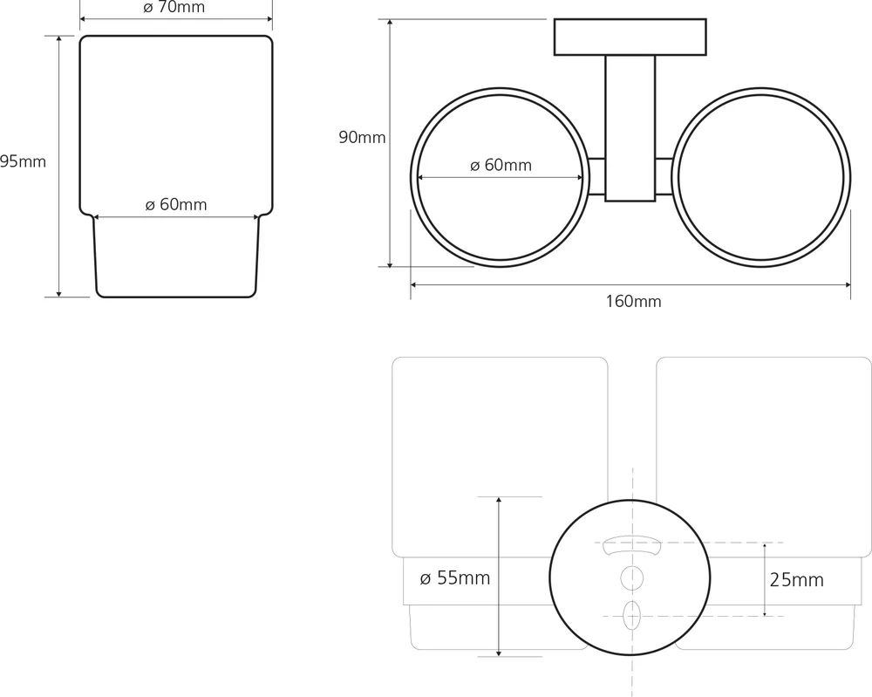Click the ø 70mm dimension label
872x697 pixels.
point(174,7)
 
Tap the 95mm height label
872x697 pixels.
point(23,162)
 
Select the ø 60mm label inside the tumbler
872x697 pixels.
point(176,205)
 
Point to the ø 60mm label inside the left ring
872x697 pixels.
point(501,165)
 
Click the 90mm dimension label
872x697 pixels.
point(362,138)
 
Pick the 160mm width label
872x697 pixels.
point(633,302)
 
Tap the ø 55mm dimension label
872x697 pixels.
point(455,578)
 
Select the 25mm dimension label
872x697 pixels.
point(796,580)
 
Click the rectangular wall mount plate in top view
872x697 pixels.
point(630,37)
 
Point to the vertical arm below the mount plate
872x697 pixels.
point(630,128)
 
